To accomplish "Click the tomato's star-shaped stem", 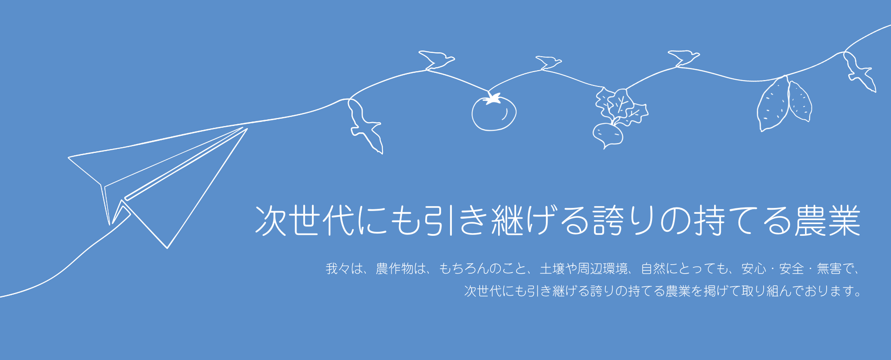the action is point(493,98).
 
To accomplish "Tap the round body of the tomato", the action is point(494,114).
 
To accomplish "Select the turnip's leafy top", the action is point(621,107).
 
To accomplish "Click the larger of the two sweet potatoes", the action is point(773,104).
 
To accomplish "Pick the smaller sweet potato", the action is point(800,101).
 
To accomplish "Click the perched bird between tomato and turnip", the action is point(548,63).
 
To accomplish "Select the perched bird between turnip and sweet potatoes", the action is point(683,58).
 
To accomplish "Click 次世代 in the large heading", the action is point(305,220).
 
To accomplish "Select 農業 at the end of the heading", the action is point(828,220).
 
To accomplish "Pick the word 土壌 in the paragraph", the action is point(552,269).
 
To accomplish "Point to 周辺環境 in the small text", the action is point(603,269).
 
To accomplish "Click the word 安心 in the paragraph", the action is point(754,269).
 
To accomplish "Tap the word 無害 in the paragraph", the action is point(829,269).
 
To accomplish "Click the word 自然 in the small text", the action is point(653,269).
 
